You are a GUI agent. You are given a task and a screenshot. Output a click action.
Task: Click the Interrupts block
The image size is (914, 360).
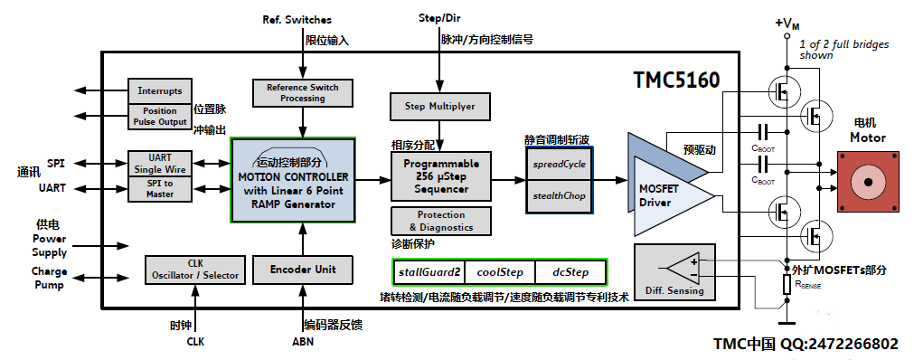coord(160,90)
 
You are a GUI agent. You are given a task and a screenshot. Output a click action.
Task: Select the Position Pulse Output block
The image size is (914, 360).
coord(160,117)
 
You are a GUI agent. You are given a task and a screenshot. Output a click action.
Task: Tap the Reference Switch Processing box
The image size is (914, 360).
coord(303,93)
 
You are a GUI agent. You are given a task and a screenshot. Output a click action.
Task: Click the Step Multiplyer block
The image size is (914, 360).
coord(440,107)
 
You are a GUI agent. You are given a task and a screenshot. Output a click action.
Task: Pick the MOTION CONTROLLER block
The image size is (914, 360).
coord(293,180)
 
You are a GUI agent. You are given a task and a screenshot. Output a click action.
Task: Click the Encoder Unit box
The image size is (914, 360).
coord(303,270)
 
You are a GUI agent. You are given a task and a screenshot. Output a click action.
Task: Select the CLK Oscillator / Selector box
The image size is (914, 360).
coord(195,270)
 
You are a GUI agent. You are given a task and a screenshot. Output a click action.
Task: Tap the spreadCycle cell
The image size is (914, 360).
coord(559,164)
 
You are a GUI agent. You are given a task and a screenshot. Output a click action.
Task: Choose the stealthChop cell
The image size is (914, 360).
coord(559,196)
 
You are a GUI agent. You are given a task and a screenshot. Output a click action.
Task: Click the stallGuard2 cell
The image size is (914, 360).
coord(429,272)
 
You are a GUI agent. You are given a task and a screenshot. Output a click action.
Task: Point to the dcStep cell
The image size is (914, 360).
coord(570,272)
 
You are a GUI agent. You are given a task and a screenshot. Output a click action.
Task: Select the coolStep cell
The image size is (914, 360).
coord(500,272)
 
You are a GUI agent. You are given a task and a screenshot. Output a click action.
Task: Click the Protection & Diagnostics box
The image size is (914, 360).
coord(440,221)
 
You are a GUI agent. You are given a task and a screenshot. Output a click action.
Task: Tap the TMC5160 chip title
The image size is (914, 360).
coord(677,80)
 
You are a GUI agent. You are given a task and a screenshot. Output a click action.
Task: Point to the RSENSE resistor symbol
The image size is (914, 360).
coord(787,286)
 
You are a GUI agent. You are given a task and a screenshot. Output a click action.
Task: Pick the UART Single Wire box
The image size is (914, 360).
coord(160,164)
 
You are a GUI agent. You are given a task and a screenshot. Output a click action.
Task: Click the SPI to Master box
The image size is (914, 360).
coord(160,189)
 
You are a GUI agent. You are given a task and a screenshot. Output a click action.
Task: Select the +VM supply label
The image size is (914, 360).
coord(787,24)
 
